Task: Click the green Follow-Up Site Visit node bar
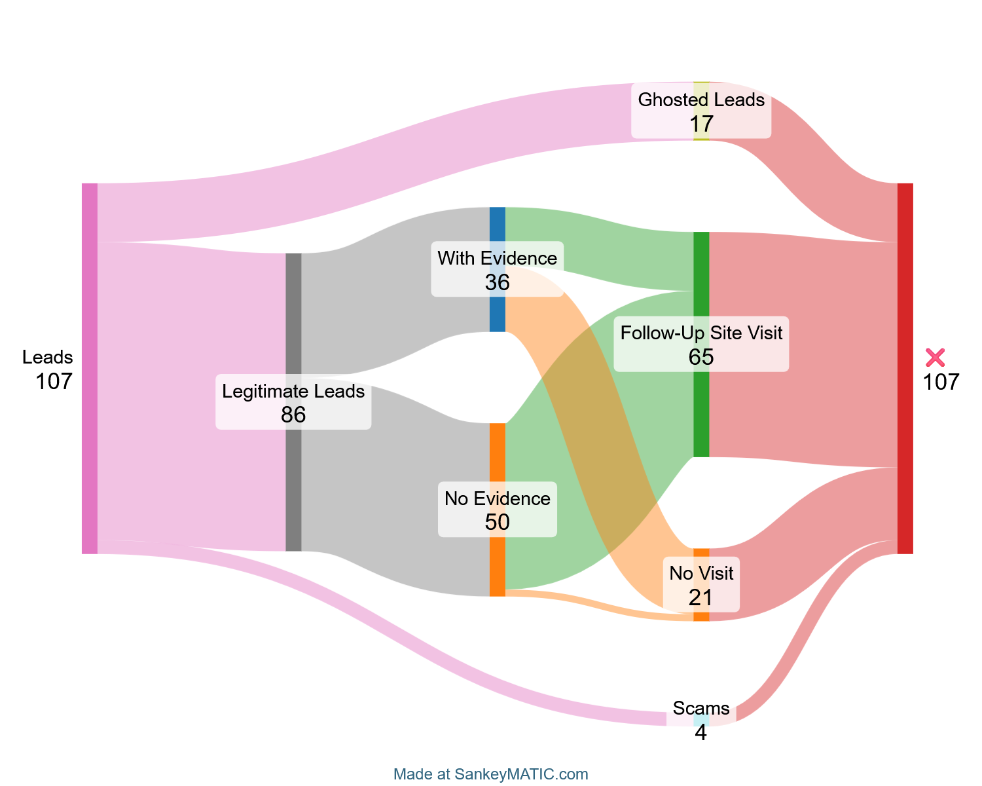click(x=701, y=406)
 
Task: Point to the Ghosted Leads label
click(x=701, y=100)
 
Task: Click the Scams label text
click(x=701, y=708)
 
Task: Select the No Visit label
click(x=701, y=574)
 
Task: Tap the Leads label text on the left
click(x=48, y=357)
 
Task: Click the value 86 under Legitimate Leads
click(x=293, y=415)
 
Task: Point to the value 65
click(x=701, y=357)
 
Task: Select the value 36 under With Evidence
click(x=498, y=282)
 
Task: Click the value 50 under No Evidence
click(x=498, y=522)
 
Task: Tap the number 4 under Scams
click(x=701, y=733)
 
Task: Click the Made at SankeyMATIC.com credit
click(x=491, y=774)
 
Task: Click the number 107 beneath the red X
click(x=941, y=382)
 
